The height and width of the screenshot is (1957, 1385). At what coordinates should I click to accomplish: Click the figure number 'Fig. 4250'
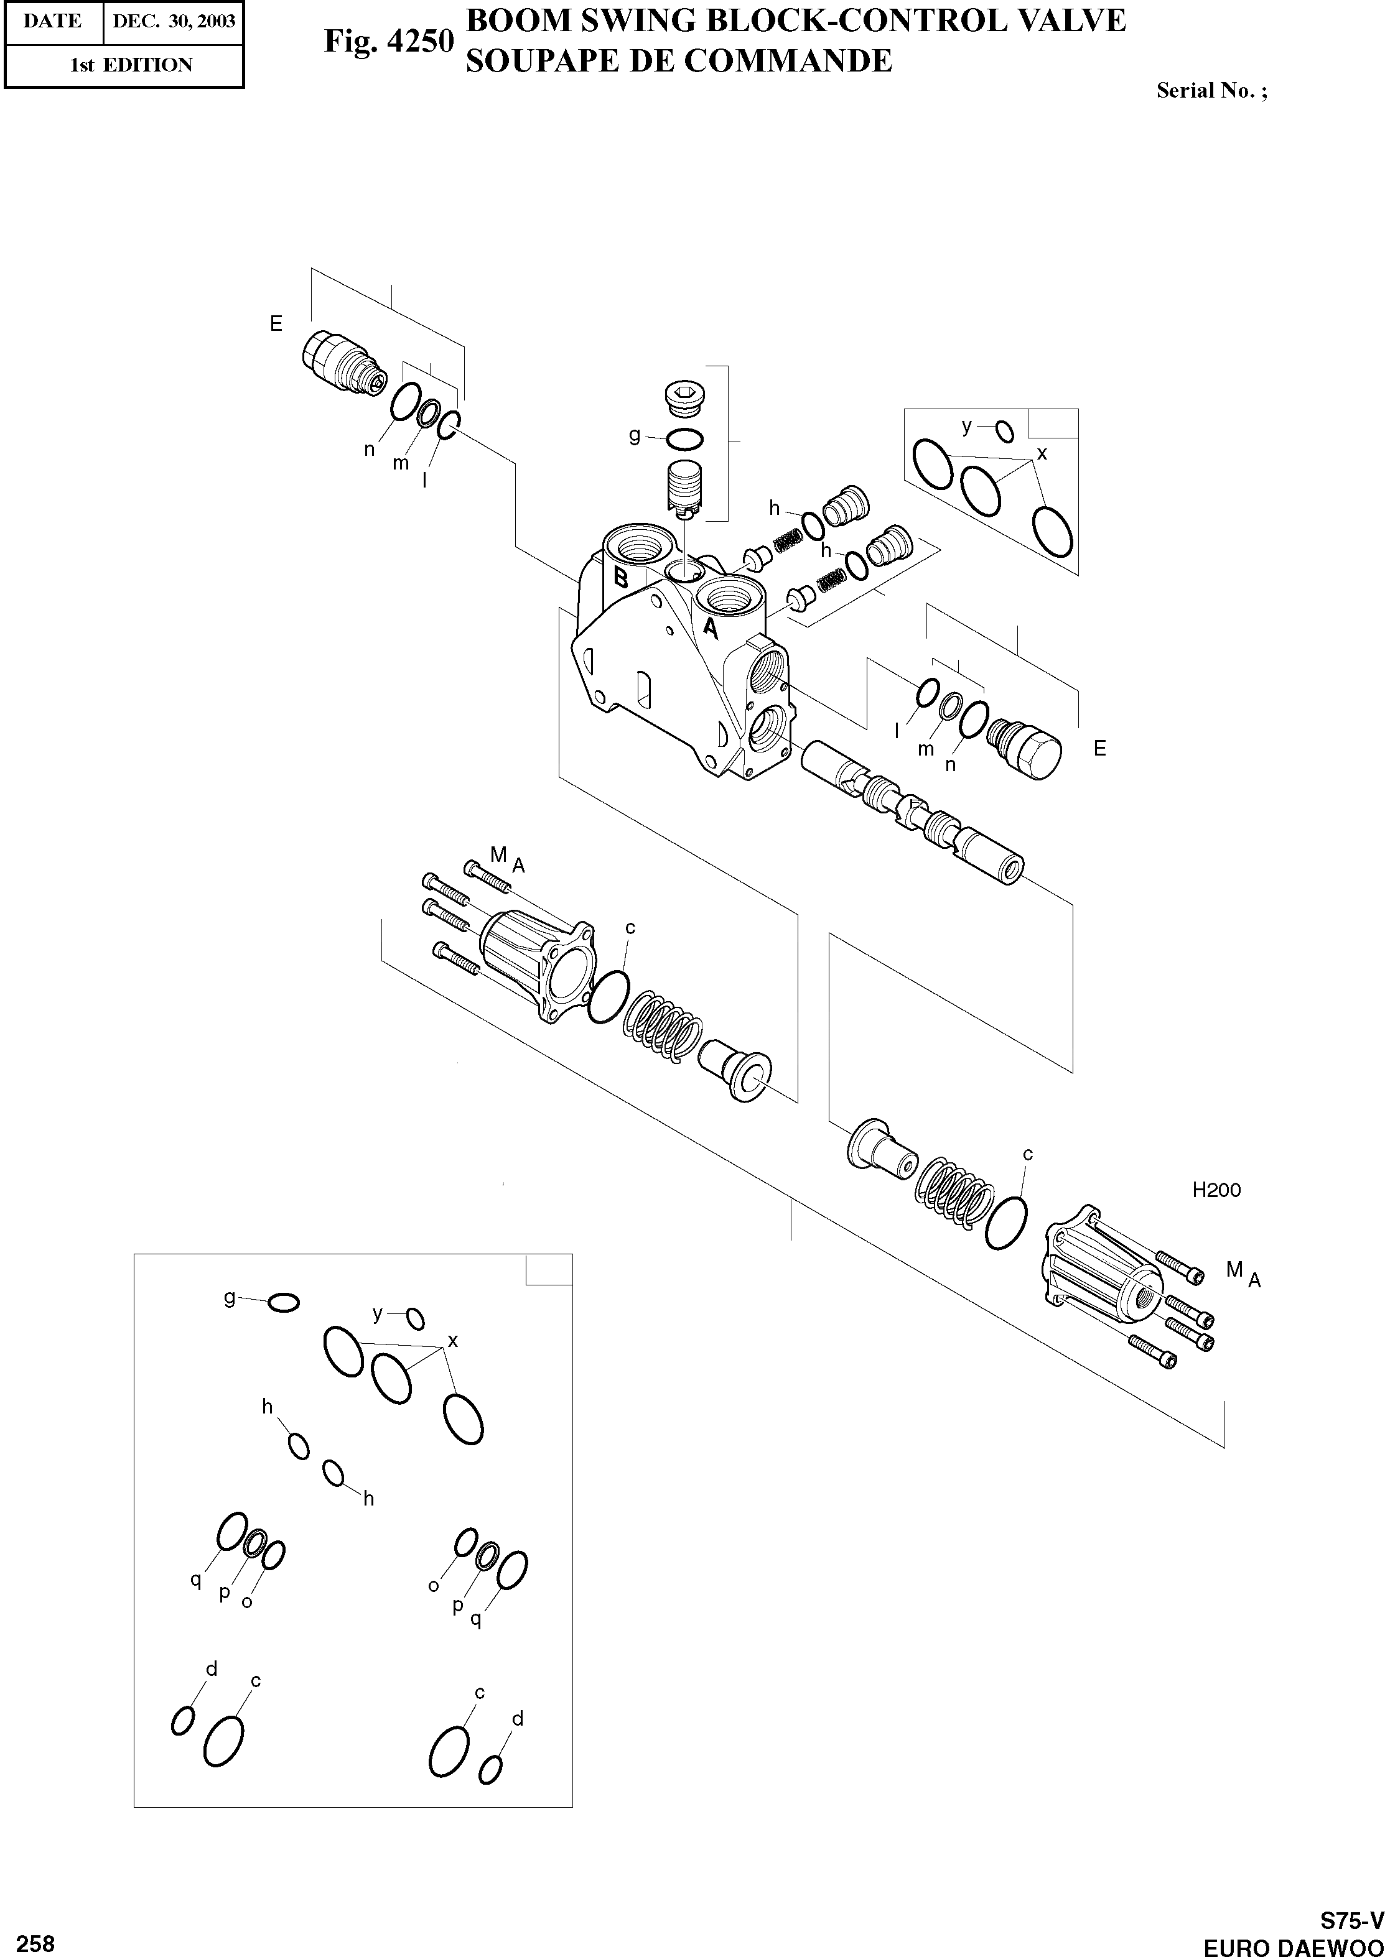[x=388, y=41]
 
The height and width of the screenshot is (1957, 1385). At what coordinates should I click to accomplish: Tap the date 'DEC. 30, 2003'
[x=173, y=21]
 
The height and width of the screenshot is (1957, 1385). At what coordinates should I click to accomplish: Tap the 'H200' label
[x=1216, y=1190]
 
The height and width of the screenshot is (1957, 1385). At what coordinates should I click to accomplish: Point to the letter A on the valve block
[x=709, y=629]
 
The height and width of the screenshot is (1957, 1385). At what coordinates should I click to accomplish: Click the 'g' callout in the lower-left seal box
[x=230, y=1297]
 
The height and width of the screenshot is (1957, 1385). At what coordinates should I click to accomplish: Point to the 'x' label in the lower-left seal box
[x=453, y=1341]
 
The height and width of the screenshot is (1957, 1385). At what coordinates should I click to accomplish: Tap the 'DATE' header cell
[x=53, y=21]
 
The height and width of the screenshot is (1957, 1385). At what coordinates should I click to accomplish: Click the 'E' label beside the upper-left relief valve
[x=276, y=324]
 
